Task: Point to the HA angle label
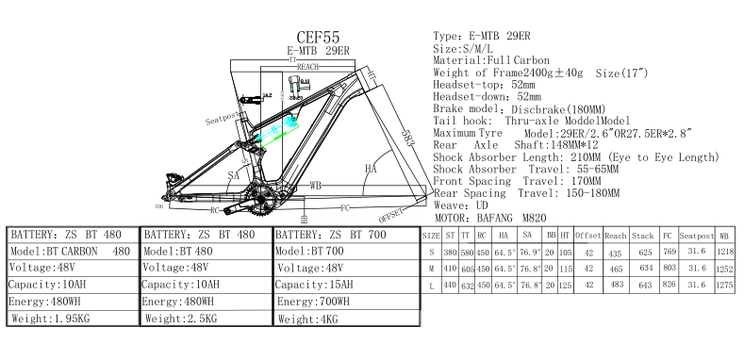coord(371,169)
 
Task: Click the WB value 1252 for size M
coord(723,268)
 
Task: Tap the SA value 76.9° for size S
coord(530,252)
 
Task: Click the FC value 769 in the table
coord(670,252)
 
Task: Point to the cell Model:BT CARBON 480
coord(70,251)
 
